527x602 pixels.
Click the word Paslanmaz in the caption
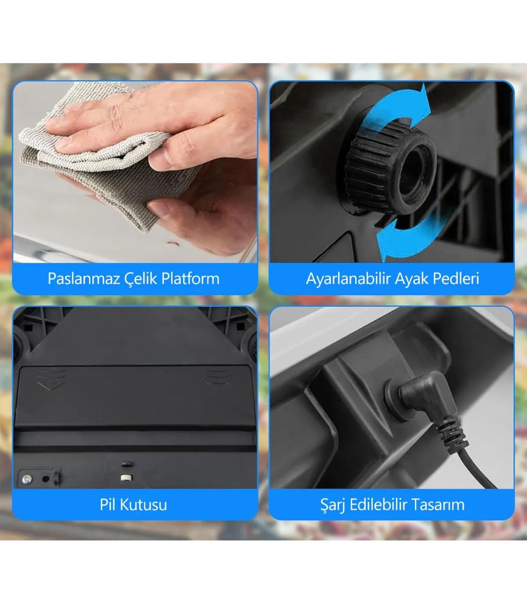pyautogui.click(x=84, y=279)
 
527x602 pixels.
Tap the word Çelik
pyautogui.click(x=141, y=279)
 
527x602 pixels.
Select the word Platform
pyautogui.click(x=190, y=279)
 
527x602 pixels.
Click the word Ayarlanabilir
pyautogui.click(x=349, y=279)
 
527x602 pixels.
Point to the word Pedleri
pyautogui.click(x=456, y=279)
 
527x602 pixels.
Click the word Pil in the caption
pyautogui.click(x=108, y=504)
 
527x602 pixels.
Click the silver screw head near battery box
pyautogui.click(x=26, y=479)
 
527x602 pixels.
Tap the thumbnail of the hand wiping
pyautogui.click(x=135, y=172)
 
